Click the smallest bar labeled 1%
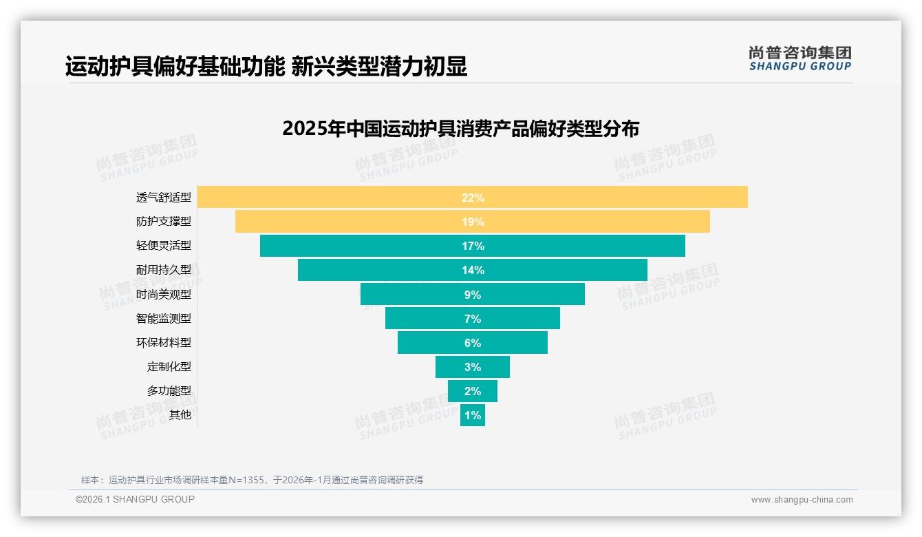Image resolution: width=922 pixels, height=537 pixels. coord(473,415)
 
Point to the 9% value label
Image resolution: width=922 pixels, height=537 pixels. coord(473,295)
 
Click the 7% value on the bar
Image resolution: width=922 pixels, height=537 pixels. coord(473,319)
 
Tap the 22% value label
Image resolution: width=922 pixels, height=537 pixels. coord(473,198)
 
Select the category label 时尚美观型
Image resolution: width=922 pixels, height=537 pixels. coord(164,294)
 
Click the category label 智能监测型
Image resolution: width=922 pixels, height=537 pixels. coord(164,318)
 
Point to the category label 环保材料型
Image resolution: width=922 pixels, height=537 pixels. coord(164,342)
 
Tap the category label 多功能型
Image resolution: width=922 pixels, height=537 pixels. coord(169,390)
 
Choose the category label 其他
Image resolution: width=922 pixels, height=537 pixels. coord(180,414)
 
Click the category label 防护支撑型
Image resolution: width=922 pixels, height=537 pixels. coord(164,222)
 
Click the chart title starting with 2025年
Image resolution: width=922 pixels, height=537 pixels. coord(461,129)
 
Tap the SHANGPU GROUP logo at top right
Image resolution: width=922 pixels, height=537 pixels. coord(800,59)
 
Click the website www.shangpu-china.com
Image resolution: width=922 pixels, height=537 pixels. coord(802,500)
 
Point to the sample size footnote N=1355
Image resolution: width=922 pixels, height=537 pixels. coord(252,480)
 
